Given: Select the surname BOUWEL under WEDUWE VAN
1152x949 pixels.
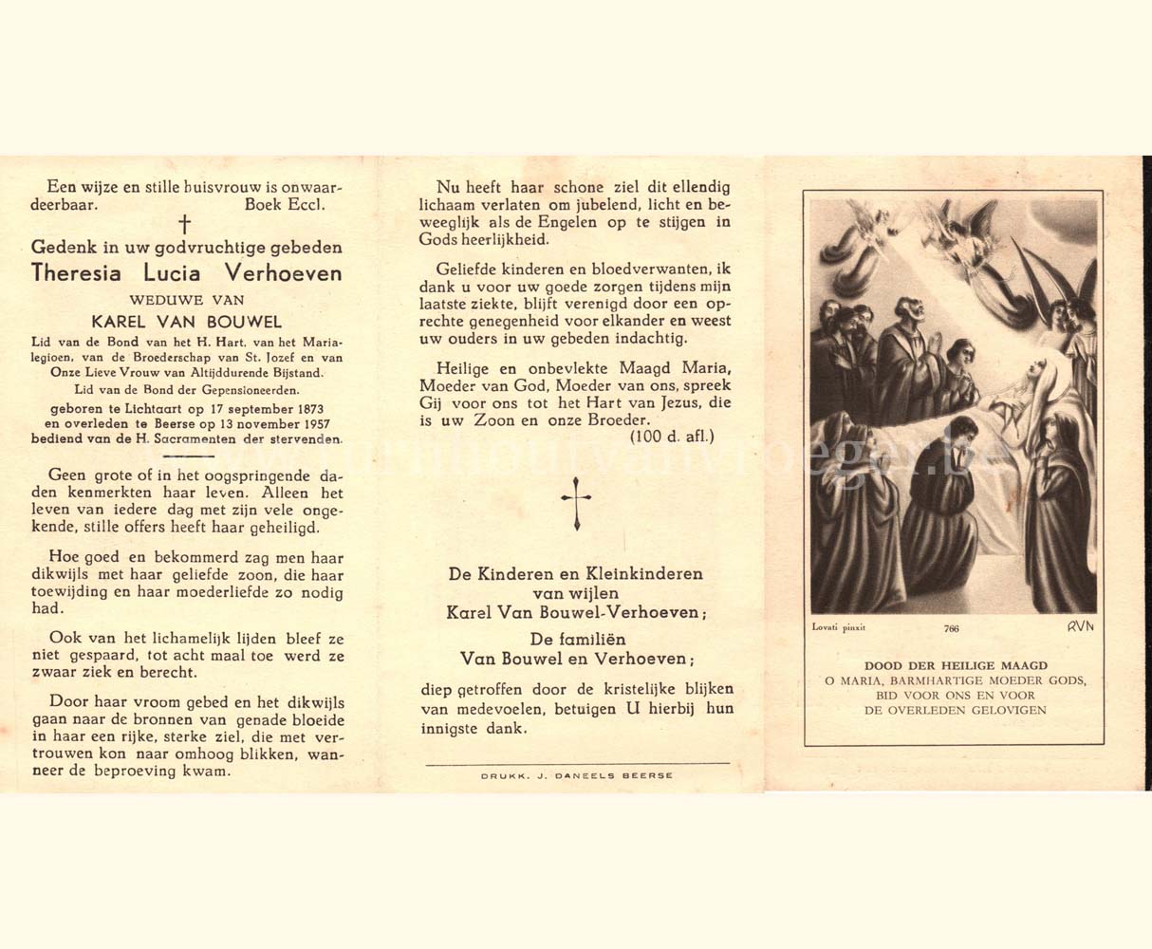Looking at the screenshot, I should pyautogui.click(x=250, y=323).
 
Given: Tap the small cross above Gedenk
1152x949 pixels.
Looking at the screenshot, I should pyautogui.click(x=185, y=224).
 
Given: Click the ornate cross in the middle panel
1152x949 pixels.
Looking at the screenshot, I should pyautogui.click(x=576, y=503).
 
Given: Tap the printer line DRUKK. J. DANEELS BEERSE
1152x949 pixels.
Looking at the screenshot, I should pyautogui.click(x=577, y=775).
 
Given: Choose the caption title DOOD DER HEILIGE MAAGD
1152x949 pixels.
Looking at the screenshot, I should pyautogui.click(x=956, y=666).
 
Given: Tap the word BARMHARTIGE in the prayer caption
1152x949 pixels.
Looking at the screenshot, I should pyautogui.click(x=939, y=680).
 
